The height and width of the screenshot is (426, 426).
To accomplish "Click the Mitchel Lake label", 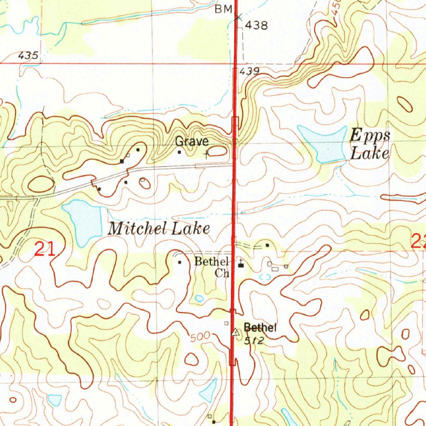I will coord(159,228).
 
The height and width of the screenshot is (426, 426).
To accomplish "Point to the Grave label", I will coord(191,141).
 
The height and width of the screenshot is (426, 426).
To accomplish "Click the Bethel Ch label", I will coord(212,267).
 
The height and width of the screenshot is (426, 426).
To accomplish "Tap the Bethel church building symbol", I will coord(241,265).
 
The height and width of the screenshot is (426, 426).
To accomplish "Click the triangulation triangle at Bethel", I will coord(236,332).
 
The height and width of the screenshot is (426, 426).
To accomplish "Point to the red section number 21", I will coord(45,250).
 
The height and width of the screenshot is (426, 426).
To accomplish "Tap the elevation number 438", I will coord(256,26).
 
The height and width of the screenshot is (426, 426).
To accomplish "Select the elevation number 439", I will coord(250,71).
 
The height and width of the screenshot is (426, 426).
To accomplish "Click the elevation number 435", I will coord(28,55).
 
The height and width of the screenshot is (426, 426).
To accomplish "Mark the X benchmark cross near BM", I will coord(238,17).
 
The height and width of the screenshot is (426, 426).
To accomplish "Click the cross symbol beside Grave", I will coord(207,155).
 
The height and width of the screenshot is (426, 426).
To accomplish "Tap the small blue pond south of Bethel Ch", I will coord(199,298).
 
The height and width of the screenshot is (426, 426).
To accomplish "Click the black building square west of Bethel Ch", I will coord(180,263).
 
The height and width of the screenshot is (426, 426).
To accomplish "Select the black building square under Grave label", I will coord(179,152).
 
